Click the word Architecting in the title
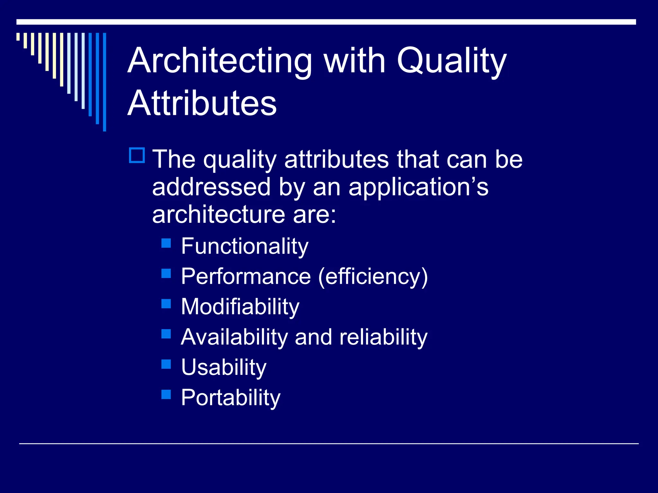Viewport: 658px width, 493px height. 220,61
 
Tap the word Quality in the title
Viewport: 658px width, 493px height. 451,61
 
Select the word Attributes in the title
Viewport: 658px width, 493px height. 202,103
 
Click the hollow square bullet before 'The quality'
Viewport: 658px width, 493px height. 137,155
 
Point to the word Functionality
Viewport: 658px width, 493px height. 245,246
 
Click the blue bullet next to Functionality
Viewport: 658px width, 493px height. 166,243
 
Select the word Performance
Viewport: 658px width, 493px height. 246,276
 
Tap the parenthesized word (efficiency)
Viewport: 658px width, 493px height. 373,276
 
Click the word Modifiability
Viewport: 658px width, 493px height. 240,307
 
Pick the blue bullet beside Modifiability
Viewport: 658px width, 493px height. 166,304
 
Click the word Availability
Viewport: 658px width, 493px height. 234,337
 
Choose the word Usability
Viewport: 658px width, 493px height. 224,367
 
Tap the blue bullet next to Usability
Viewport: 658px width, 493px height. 166,364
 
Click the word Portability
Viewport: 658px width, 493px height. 230,398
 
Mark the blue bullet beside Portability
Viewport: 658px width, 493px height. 166,394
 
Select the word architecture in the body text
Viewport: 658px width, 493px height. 218,214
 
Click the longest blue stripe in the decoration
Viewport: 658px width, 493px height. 104,82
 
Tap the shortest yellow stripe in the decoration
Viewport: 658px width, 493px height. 18,37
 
